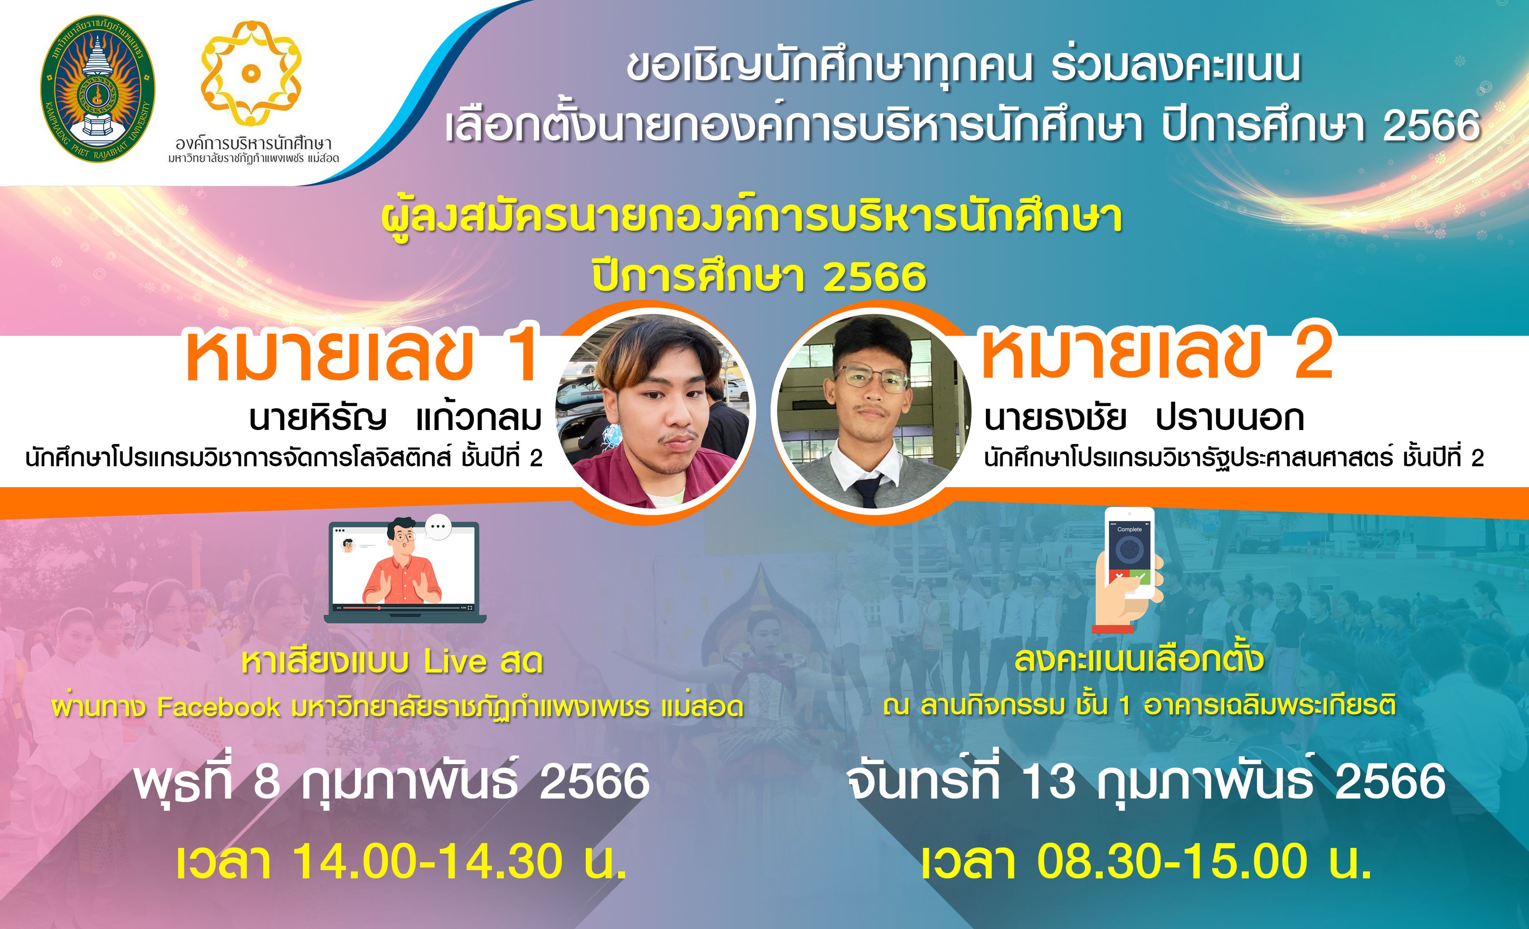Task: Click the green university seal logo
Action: coord(98,89)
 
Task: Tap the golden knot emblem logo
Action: coord(251,72)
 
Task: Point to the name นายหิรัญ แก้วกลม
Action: coord(395,419)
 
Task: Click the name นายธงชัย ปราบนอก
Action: coord(1144,419)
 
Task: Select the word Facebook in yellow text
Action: coord(218,707)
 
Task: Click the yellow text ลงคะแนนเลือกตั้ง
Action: coord(1139,660)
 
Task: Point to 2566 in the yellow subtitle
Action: coord(875,277)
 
